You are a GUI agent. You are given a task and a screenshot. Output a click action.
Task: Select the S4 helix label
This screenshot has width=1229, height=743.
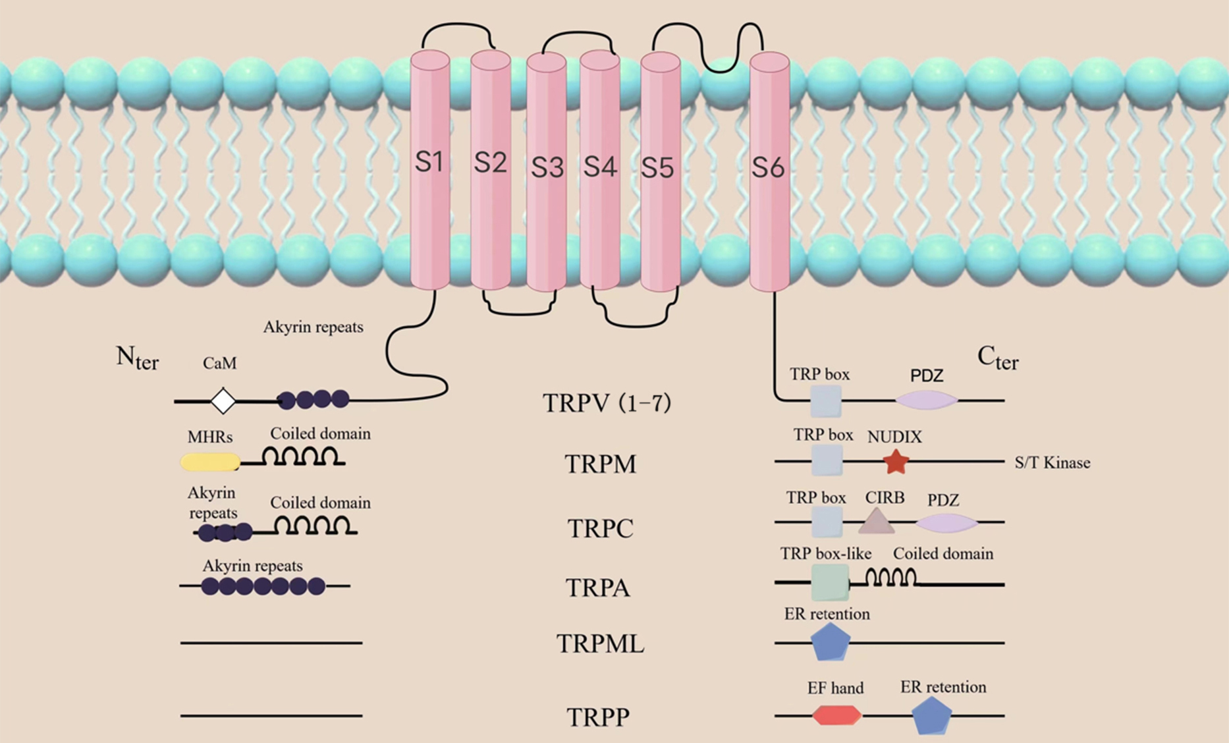pos(599,167)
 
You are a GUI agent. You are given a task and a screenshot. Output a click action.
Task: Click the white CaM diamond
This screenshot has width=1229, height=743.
pos(223,400)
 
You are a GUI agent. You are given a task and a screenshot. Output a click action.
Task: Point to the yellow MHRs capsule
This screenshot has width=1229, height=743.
pos(210,462)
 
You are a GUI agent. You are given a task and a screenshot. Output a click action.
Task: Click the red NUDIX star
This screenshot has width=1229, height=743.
pos(896,462)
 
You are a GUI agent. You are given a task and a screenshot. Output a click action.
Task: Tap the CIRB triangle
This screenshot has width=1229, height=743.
pos(877,521)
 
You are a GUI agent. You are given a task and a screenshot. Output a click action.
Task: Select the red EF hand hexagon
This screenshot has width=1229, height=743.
pos(836,715)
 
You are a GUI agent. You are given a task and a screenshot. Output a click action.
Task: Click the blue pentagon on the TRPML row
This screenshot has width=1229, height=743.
pos(830,642)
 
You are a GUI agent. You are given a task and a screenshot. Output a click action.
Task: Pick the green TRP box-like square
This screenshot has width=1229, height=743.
pos(830,583)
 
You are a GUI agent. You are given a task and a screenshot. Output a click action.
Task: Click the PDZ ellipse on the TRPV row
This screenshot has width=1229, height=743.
pos(926,400)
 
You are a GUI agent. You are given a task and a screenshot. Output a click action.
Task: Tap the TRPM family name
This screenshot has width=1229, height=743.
pos(600,464)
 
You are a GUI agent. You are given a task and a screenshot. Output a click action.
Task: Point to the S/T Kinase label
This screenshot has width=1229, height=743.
pos(1052,463)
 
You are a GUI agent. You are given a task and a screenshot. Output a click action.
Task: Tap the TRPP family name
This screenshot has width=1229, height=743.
pos(597,717)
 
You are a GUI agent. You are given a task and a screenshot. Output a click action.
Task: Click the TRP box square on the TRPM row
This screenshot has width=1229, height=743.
pos(827,460)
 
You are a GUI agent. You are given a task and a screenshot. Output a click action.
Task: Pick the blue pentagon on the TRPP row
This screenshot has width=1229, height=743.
pos(931,715)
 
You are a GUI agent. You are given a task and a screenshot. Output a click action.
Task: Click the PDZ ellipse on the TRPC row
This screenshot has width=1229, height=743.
pos(946,523)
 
